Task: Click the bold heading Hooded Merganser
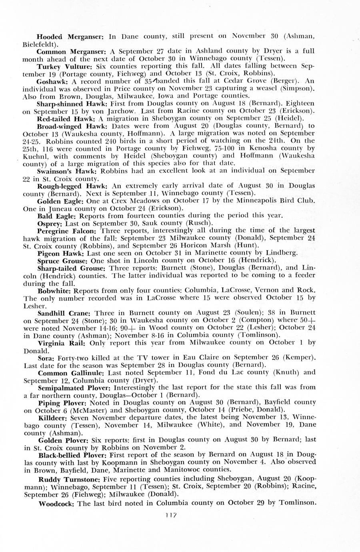70,36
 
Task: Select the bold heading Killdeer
54,417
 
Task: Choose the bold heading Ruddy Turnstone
69,479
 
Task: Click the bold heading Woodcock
56,503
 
